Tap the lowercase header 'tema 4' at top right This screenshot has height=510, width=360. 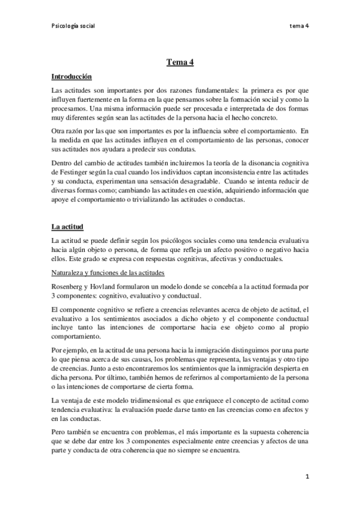click(x=299, y=26)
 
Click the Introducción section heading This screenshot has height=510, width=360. click(x=72, y=77)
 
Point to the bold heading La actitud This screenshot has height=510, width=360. click(x=67, y=227)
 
